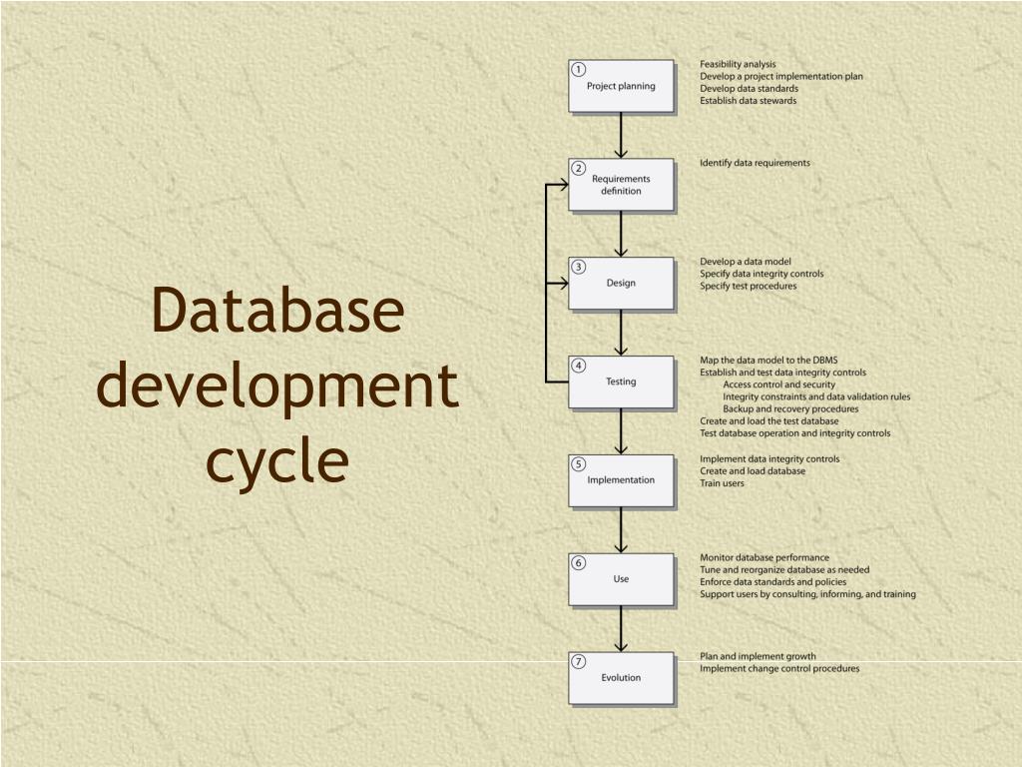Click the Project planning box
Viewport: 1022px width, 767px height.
click(621, 86)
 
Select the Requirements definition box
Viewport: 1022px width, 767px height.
click(621, 185)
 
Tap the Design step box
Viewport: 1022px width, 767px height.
click(621, 283)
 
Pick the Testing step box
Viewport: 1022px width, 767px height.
click(621, 382)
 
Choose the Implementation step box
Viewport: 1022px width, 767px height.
click(621, 480)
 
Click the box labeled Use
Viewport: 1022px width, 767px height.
click(621, 579)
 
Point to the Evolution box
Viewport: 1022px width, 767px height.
click(621, 678)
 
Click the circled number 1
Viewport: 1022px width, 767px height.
click(579, 69)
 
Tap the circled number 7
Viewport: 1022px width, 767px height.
click(579, 661)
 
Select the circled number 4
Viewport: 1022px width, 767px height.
click(579, 366)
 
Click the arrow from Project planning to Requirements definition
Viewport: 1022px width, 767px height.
click(621, 135)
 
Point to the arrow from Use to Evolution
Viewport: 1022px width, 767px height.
click(621, 628)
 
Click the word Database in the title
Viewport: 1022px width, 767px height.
click(278, 311)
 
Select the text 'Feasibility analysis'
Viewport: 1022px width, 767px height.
click(738, 64)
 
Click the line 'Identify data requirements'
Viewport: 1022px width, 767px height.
click(755, 163)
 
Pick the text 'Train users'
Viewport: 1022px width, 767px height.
click(722, 483)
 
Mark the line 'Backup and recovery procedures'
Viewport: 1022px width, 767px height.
click(790, 408)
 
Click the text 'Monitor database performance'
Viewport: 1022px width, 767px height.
click(765, 557)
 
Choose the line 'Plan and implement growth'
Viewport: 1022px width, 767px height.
click(758, 656)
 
